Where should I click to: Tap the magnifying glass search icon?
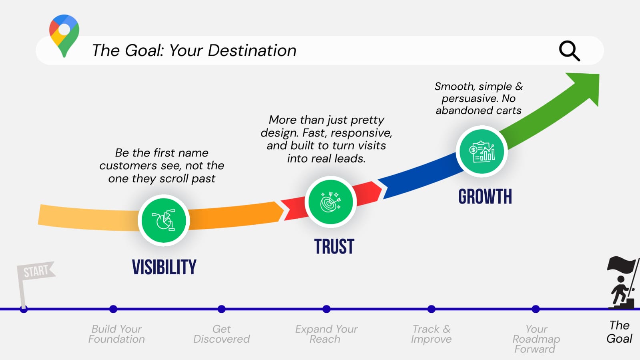(x=569, y=51)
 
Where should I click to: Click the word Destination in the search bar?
(x=252, y=50)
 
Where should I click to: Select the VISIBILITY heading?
(x=164, y=267)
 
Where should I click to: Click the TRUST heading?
(x=334, y=247)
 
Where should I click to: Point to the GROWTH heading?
(x=485, y=197)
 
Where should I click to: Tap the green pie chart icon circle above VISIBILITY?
(x=163, y=220)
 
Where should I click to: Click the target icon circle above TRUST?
(x=331, y=202)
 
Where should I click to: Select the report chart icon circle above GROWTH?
(x=482, y=151)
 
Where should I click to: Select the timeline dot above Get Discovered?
(x=221, y=309)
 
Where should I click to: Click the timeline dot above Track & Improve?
(x=431, y=309)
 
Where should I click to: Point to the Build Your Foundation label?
(x=116, y=334)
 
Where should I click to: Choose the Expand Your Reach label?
(x=326, y=334)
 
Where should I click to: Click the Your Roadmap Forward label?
(x=536, y=339)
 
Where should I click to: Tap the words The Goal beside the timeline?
(x=619, y=332)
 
